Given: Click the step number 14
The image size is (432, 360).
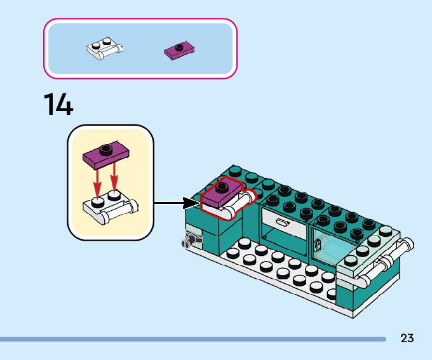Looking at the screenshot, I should pyautogui.click(x=58, y=104).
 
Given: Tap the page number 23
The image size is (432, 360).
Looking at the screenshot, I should pyautogui.click(x=407, y=338).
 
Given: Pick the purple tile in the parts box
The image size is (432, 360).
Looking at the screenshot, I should pyautogui.click(x=179, y=50).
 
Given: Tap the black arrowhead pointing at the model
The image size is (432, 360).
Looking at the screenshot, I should pyautogui.click(x=191, y=203).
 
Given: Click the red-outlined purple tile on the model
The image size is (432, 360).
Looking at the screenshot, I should pyautogui.click(x=220, y=194).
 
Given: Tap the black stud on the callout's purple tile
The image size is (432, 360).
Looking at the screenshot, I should pyautogui.click(x=105, y=149).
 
